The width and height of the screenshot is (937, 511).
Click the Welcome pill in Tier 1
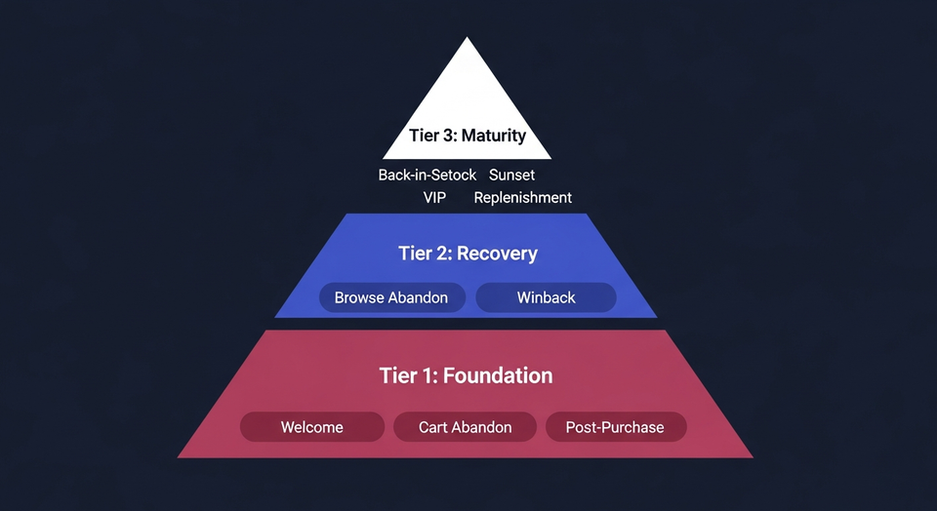tap(312, 427)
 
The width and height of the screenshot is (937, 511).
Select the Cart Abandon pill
tap(465, 427)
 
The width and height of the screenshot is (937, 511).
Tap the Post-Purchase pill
tap(615, 427)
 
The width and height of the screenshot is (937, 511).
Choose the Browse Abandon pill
tap(391, 297)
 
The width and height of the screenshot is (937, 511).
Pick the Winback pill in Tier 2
tap(546, 297)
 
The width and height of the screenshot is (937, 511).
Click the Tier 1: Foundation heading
tap(466, 375)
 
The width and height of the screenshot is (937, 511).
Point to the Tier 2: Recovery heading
tap(468, 254)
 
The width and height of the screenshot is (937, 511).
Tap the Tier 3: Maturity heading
tap(468, 136)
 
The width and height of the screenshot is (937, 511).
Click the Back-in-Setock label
tap(428, 176)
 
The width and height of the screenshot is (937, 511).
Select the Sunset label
tap(511, 176)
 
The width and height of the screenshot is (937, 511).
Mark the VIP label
tap(434, 198)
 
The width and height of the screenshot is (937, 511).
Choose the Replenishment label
tap(523, 198)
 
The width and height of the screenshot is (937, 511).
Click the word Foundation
tap(498, 375)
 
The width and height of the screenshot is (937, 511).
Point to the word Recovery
tap(497, 254)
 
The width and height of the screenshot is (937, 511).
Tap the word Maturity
tap(494, 136)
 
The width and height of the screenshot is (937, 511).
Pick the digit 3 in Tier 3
tap(446, 136)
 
